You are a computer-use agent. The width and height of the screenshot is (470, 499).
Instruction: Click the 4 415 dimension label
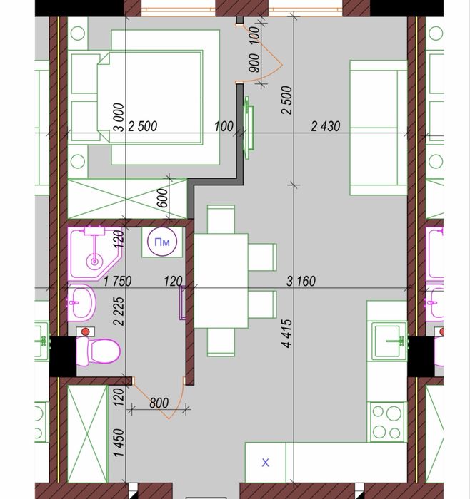point(286,333)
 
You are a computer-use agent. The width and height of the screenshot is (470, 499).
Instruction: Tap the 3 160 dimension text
point(301,282)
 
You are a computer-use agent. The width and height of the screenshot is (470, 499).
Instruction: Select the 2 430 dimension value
point(326,126)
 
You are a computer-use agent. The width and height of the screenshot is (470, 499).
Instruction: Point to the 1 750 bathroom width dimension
point(118,282)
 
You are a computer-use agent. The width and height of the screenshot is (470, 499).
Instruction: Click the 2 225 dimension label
point(119,311)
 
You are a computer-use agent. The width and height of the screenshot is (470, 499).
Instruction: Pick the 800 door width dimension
point(159,403)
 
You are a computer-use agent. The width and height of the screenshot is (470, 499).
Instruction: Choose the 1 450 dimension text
point(119,443)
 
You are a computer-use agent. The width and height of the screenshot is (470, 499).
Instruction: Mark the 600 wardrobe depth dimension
point(163,198)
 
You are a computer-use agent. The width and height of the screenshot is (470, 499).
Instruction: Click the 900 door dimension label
point(254,63)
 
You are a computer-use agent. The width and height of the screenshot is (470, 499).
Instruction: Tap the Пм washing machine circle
point(162,242)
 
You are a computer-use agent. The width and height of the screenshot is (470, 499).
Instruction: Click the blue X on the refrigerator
point(265,463)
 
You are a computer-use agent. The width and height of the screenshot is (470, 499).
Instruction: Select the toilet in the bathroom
point(98,351)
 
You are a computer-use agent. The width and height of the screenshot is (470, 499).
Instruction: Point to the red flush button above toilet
point(85,332)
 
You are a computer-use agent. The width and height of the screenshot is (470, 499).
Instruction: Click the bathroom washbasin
point(81,302)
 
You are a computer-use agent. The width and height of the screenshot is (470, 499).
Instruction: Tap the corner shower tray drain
point(94,262)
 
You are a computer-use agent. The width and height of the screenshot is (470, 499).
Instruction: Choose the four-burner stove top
point(386,422)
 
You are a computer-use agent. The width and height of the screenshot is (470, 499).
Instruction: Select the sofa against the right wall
point(379,128)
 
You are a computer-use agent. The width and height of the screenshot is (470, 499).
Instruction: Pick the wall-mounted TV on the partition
point(249,128)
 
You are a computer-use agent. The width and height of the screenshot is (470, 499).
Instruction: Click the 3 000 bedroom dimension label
point(119,117)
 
